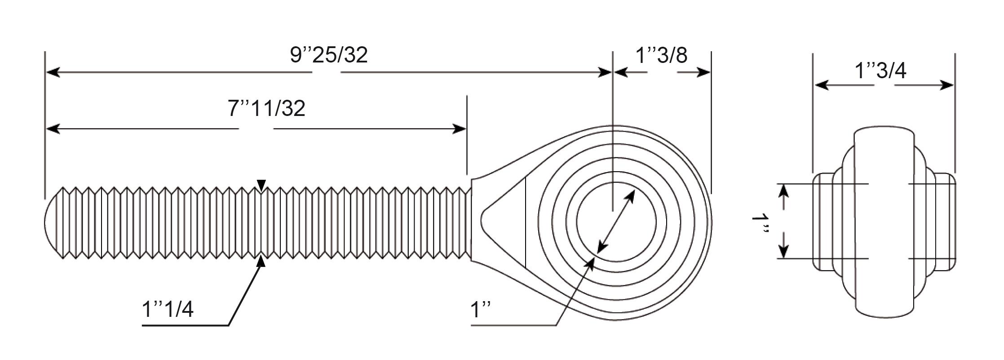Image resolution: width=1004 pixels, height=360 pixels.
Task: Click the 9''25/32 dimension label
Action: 329,55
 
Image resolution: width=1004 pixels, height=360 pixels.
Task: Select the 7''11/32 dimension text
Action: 267,109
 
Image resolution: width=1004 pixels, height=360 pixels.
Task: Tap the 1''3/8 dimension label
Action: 661,55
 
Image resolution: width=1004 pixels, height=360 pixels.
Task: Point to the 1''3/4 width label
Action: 880,71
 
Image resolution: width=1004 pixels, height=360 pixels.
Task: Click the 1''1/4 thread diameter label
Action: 168,309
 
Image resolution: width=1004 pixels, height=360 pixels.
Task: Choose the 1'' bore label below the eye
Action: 480,310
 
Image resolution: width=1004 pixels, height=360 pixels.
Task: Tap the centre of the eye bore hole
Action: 616,221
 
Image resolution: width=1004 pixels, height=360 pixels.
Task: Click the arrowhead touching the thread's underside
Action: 261,261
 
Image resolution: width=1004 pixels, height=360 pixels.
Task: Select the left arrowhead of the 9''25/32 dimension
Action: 53,72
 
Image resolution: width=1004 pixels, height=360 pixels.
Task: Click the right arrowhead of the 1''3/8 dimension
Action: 703,72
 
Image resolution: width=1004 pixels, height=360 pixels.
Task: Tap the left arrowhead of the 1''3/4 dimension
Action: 822,84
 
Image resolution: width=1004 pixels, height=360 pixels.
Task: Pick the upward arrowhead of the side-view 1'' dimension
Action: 783,191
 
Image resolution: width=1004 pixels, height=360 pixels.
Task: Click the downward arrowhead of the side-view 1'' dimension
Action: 783,251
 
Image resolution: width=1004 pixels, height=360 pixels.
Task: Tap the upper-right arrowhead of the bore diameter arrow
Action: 630,196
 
